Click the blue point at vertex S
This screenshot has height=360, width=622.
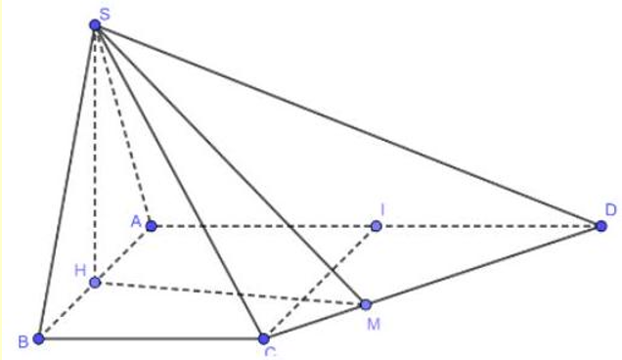pyautogui.click(x=95, y=25)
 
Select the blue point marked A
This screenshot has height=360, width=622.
pyautogui.click(x=151, y=226)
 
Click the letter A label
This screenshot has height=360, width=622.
pyautogui.click(x=136, y=220)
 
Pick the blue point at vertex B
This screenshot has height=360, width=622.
pyautogui.click(x=38, y=338)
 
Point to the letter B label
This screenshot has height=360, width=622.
pyautogui.click(x=22, y=342)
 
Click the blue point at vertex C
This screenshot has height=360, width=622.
pyautogui.click(x=263, y=338)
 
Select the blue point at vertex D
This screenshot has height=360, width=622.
pyautogui.click(x=601, y=226)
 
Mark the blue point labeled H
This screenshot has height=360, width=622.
pyautogui.click(x=95, y=283)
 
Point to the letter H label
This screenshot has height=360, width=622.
pyautogui.click(x=81, y=269)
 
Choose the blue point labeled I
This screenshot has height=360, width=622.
pyautogui.click(x=376, y=227)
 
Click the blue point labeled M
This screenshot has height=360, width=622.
pyautogui.click(x=365, y=304)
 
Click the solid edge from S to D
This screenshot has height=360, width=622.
pyautogui.click(x=348, y=125)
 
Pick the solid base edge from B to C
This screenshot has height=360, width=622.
pyautogui.click(x=151, y=338)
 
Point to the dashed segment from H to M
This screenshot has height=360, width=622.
pyautogui.click(x=230, y=293)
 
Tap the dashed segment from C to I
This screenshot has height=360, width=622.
pyautogui.click(x=320, y=283)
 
